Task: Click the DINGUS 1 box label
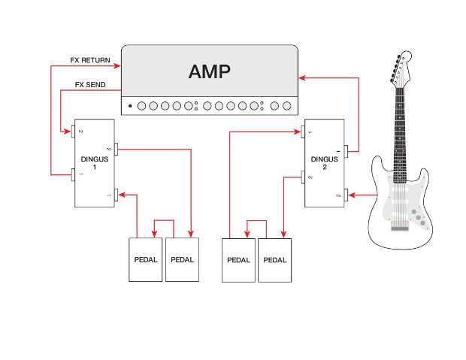(95, 162)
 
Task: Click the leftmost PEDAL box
(146, 259)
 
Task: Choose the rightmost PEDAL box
(274, 260)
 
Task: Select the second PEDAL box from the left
(182, 259)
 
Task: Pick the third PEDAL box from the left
(238, 260)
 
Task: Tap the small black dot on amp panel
(130, 106)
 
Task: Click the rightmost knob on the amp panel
(286, 106)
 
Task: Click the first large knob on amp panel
(142, 106)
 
